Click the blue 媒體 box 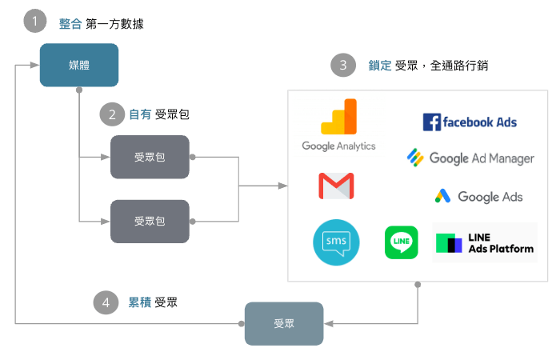(x=79, y=65)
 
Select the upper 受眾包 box (x=150, y=157)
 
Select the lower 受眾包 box (x=150, y=221)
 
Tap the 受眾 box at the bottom (x=284, y=323)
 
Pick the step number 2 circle (x=111, y=114)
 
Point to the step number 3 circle (x=343, y=66)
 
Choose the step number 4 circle (x=106, y=302)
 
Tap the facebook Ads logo (x=470, y=122)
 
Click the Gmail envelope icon (x=336, y=186)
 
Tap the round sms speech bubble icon (x=336, y=242)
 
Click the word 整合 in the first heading (x=70, y=24)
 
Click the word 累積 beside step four (x=139, y=302)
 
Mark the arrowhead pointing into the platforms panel (x=283, y=186)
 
